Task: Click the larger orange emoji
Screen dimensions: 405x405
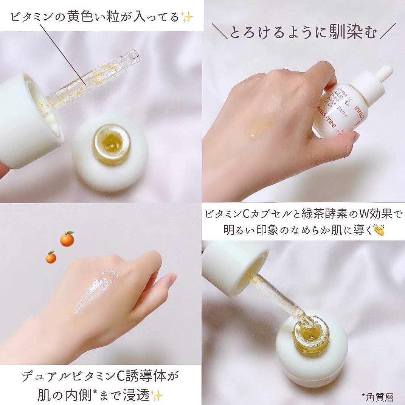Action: (67, 239)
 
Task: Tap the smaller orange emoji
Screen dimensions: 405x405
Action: (51, 257)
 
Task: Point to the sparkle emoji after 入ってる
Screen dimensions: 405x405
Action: (187, 17)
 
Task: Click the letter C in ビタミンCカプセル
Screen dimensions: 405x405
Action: (245, 214)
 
